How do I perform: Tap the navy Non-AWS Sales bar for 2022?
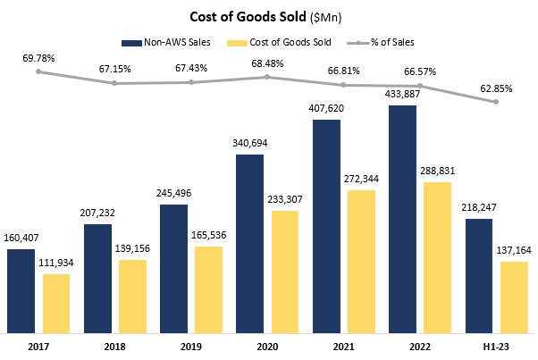403,219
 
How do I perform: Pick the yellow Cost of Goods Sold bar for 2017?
56,303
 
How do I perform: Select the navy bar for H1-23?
479,275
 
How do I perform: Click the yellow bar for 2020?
286,271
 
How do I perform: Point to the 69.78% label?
39,58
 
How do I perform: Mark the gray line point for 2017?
39,71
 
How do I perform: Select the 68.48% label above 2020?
268,63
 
